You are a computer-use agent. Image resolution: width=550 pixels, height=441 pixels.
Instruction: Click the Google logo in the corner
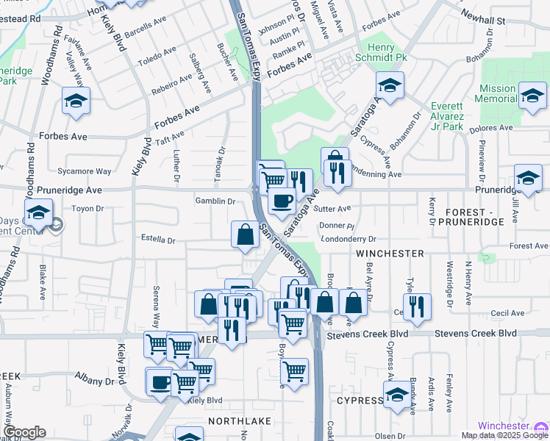(x=24, y=432)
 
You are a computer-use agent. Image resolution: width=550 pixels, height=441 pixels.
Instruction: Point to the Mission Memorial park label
(x=497, y=93)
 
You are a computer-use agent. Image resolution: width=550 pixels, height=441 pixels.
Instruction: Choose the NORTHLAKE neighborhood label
(x=239, y=421)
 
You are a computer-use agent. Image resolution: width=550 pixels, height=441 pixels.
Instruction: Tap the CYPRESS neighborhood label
(x=360, y=401)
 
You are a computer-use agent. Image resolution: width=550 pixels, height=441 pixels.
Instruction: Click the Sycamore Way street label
(x=87, y=171)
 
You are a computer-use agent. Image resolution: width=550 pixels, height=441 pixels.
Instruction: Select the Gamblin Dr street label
(x=215, y=201)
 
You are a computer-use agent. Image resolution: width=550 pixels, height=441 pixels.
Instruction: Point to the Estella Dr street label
(x=158, y=240)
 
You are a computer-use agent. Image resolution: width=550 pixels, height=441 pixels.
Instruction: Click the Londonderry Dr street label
(x=349, y=239)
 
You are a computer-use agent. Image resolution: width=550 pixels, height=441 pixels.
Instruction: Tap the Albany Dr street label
(x=94, y=381)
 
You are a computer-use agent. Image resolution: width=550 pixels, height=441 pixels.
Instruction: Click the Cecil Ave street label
(x=507, y=312)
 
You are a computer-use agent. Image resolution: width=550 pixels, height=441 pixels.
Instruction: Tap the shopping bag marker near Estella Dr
(x=246, y=234)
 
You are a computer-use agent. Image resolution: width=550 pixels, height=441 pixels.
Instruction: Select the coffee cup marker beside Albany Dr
(x=160, y=381)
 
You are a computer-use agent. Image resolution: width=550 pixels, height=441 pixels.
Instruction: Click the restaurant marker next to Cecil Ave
(x=417, y=305)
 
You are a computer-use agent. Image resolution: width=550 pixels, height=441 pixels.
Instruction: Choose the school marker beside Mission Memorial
(x=532, y=95)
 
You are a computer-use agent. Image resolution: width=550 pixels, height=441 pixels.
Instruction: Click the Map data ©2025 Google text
(x=505, y=435)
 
